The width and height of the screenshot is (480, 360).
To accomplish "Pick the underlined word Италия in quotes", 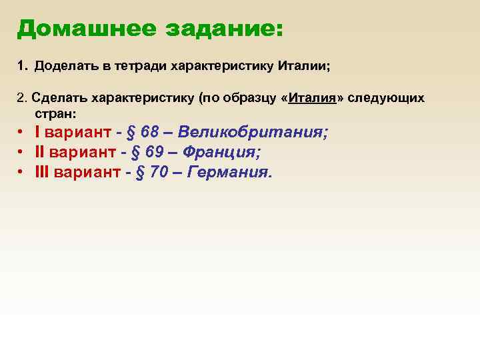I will point(313,98).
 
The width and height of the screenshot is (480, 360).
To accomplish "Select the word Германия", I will point(231,173).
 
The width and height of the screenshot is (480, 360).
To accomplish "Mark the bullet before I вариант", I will point(22,133).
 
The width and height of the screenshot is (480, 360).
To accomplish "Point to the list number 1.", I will point(21,67).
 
